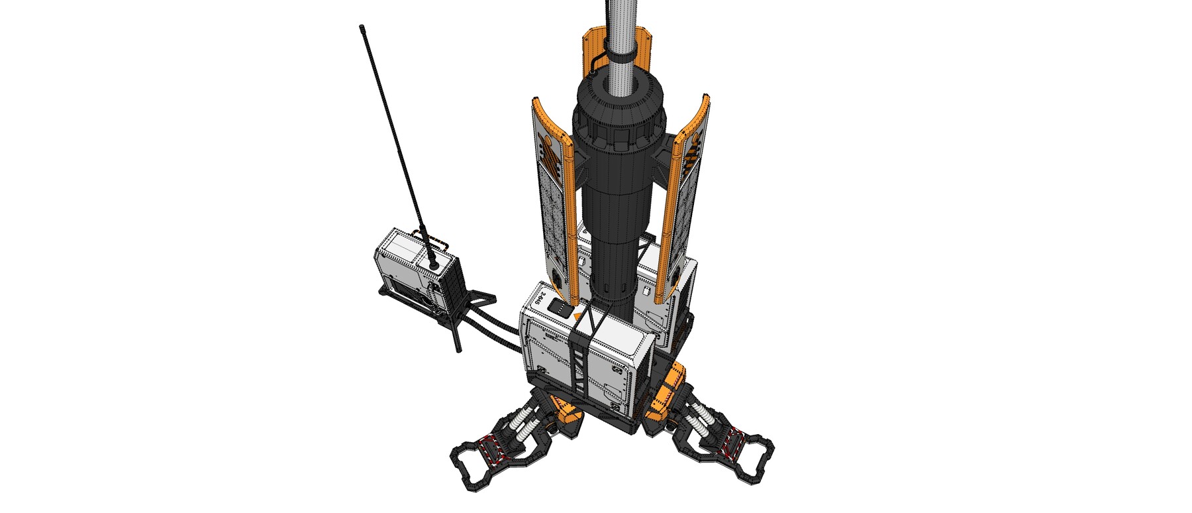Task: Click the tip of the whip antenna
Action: click(x=362, y=28)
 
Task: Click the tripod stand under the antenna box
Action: click(x=457, y=318)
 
